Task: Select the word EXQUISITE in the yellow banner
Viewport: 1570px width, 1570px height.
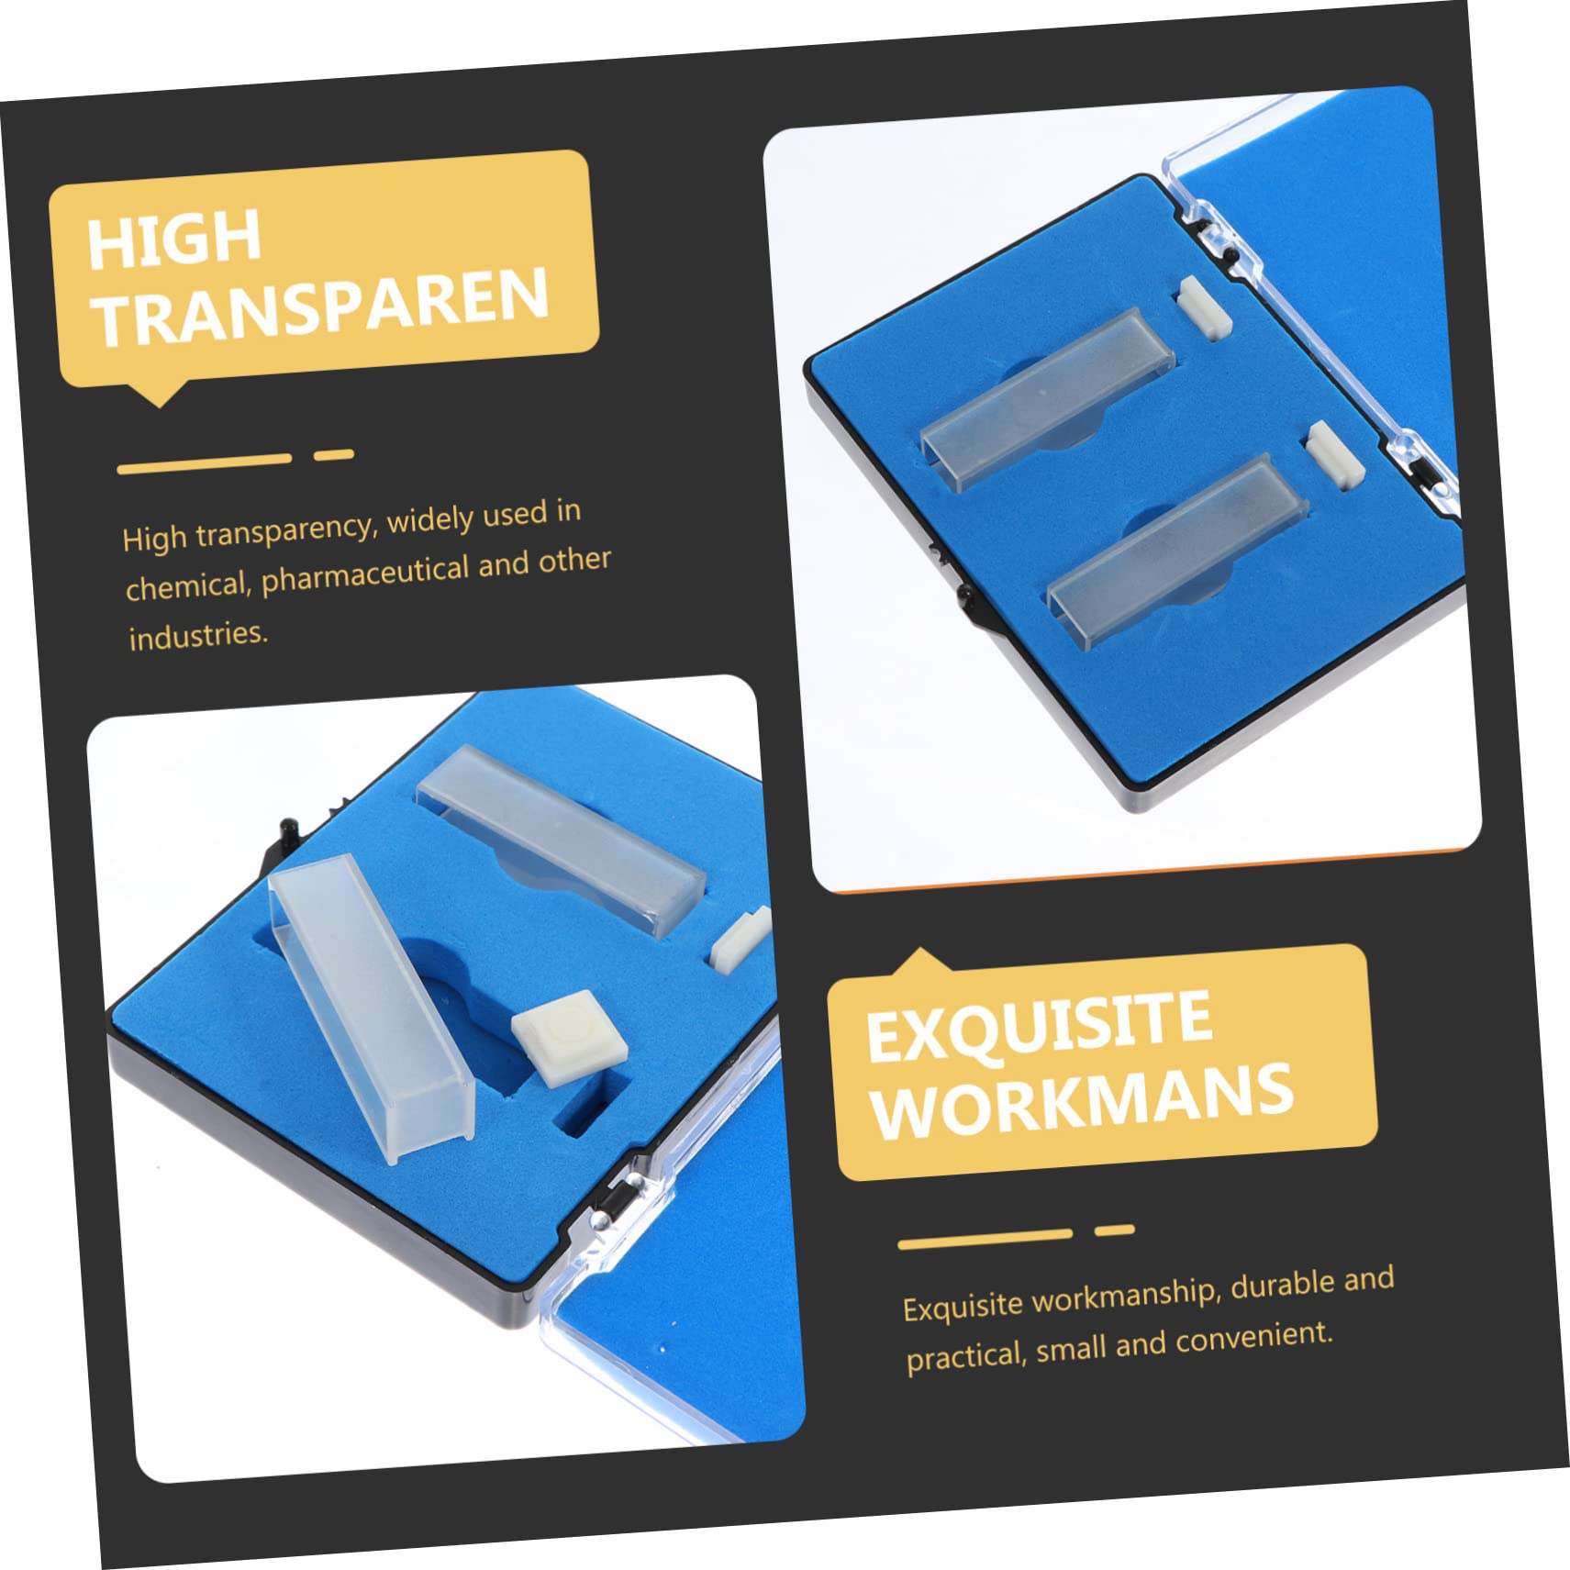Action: coord(1039,1028)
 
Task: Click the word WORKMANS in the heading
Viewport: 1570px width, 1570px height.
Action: coord(1083,1101)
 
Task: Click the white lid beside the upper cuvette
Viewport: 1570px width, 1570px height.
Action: coord(1203,308)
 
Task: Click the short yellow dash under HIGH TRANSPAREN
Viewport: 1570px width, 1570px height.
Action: coord(334,454)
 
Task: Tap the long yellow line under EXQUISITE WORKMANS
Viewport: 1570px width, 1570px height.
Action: coord(985,1239)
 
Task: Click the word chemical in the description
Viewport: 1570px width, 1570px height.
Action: coord(184,585)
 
